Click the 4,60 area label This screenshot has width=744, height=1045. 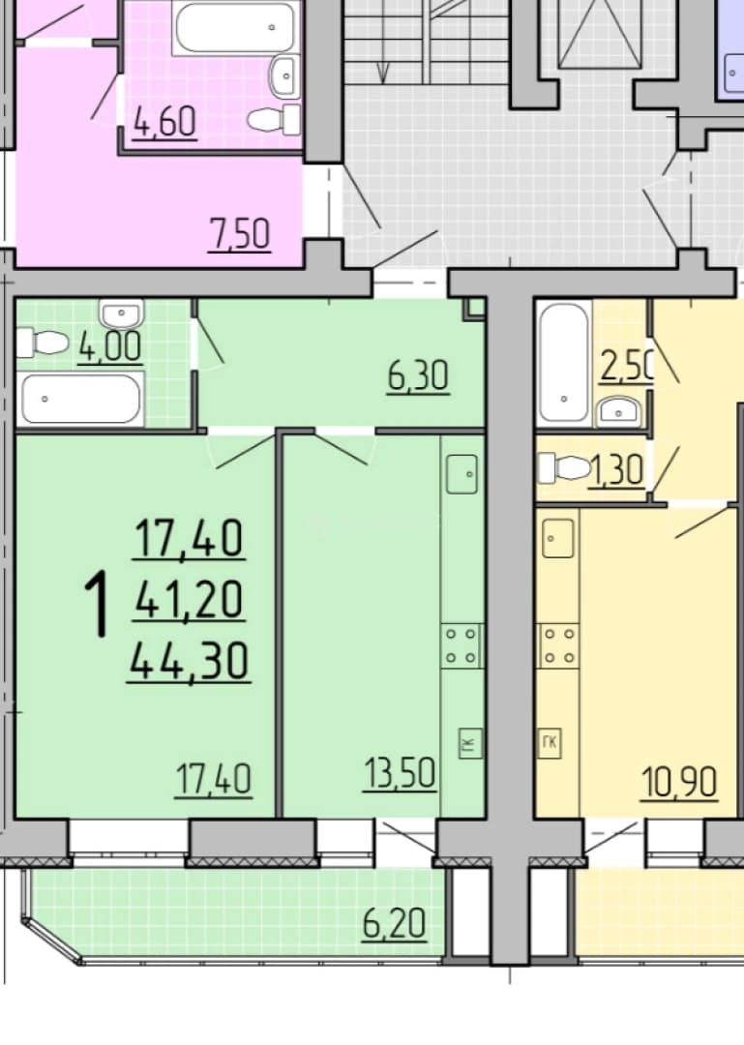pos(165,123)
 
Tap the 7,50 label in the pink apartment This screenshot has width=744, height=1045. pos(239,234)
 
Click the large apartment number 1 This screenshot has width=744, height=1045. pos(97,606)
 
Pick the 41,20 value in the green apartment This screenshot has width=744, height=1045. pos(190,599)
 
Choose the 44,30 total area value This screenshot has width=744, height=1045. pos(189,661)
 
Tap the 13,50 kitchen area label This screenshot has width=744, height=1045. pos(400,774)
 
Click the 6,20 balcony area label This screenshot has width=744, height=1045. pos(394,924)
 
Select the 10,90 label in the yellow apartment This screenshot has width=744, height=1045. pos(679,782)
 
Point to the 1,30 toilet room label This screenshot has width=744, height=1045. pos(615,470)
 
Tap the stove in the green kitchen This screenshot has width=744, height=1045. pos(462,645)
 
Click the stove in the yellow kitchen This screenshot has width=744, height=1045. pos(558,645)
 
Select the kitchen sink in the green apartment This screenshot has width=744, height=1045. pos(462,474)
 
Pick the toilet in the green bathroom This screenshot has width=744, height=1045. pos(42,343)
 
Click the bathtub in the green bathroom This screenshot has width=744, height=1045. pos(80,400)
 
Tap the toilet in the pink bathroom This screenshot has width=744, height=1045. pos(274,120)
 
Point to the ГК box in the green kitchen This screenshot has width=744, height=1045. pos(470,743)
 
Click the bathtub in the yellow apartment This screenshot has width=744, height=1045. pos(564,362)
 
